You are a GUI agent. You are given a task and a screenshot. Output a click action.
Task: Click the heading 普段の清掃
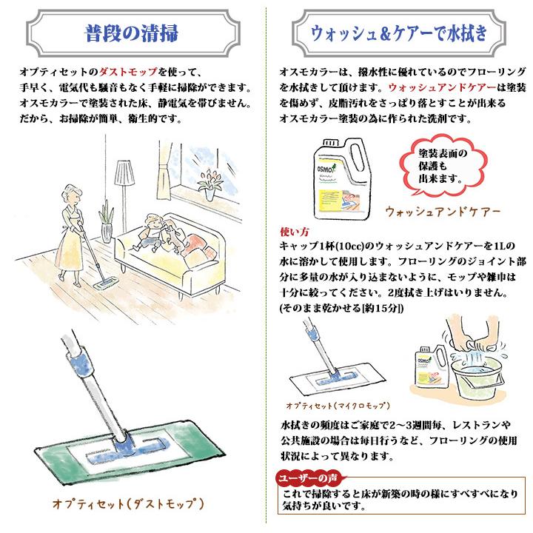tap(132, 33)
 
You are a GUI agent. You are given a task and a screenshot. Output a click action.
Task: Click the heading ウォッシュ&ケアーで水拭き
tap(399, 33)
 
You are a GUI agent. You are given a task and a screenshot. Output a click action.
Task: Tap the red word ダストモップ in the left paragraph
tap(128, 72)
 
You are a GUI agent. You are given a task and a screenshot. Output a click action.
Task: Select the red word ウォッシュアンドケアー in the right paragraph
tap(442, 87)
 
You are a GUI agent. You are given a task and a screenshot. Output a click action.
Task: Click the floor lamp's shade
tap(124, 174)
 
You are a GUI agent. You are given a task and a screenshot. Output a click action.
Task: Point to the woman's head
tap(71, 195)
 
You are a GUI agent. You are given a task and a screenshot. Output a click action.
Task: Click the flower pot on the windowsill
tap(209, 195)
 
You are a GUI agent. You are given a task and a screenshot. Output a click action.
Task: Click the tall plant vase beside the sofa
tap(107, 233)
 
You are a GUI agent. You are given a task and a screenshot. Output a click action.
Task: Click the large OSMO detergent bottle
tap(341, 178)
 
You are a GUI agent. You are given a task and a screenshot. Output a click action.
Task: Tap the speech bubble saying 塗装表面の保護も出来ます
tap(443, 166)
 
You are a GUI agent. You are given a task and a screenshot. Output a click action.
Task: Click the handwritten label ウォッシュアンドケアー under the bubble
tap(443, 212)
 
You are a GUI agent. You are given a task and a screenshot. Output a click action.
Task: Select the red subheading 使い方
tap(295, 232)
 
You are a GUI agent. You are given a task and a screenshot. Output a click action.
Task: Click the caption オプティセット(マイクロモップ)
tap(338, 406)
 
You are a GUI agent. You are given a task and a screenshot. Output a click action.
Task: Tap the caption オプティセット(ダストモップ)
tap(128, 503)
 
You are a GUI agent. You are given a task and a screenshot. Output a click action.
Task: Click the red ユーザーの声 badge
tap(308, 478)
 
